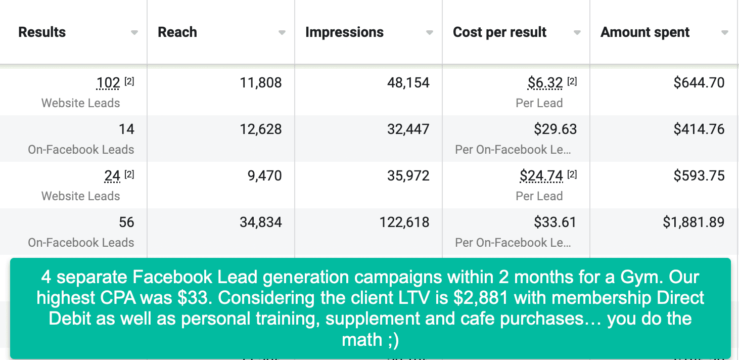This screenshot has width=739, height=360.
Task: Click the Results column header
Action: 42,32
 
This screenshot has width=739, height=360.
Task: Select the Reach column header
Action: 177,32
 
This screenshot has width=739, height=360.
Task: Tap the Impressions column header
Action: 344,32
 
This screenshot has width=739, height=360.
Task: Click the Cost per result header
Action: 499,32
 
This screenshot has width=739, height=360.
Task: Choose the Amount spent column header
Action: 644,32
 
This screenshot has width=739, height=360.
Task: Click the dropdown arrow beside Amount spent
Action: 724,33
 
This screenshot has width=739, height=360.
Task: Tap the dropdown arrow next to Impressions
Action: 429,33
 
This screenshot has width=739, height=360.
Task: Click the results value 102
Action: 108,83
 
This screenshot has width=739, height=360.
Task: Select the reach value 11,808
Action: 261,83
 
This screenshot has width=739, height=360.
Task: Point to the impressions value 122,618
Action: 404,222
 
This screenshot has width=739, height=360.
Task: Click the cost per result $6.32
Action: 545,83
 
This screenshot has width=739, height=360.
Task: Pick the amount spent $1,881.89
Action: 694,222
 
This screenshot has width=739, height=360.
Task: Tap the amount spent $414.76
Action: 699,129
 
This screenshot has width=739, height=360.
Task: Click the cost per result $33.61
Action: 555,222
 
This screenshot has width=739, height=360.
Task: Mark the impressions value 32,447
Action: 408,129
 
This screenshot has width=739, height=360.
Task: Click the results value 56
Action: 126,222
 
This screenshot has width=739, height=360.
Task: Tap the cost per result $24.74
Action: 541,176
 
